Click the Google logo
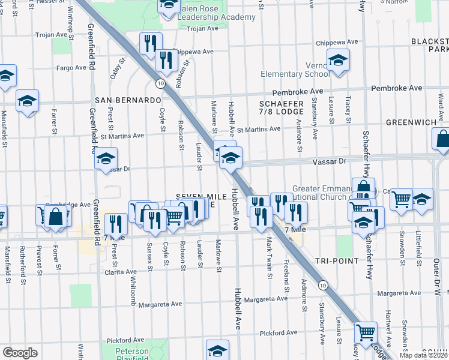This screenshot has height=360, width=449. tap(20, 353)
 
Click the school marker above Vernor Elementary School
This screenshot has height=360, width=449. tap(339, 61)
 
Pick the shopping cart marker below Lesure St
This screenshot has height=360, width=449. tap(366, 331)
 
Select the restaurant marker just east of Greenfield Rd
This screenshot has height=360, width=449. tap(116, 224)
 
